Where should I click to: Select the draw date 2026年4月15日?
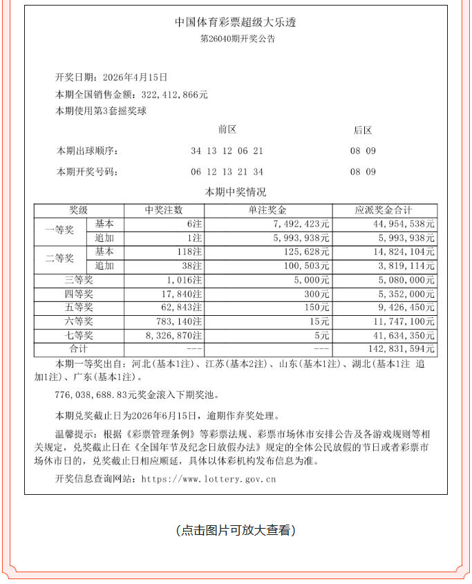[135, 78]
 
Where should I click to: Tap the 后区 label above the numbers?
[363, 130]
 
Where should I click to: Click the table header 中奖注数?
[164, 210]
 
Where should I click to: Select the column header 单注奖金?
[267, 210]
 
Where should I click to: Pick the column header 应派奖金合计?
[384, 210]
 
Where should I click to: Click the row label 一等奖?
[59, 231]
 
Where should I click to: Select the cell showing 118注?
[187, 252]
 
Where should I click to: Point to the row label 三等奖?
[79, 280]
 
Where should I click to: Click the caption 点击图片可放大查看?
[236, 530]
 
